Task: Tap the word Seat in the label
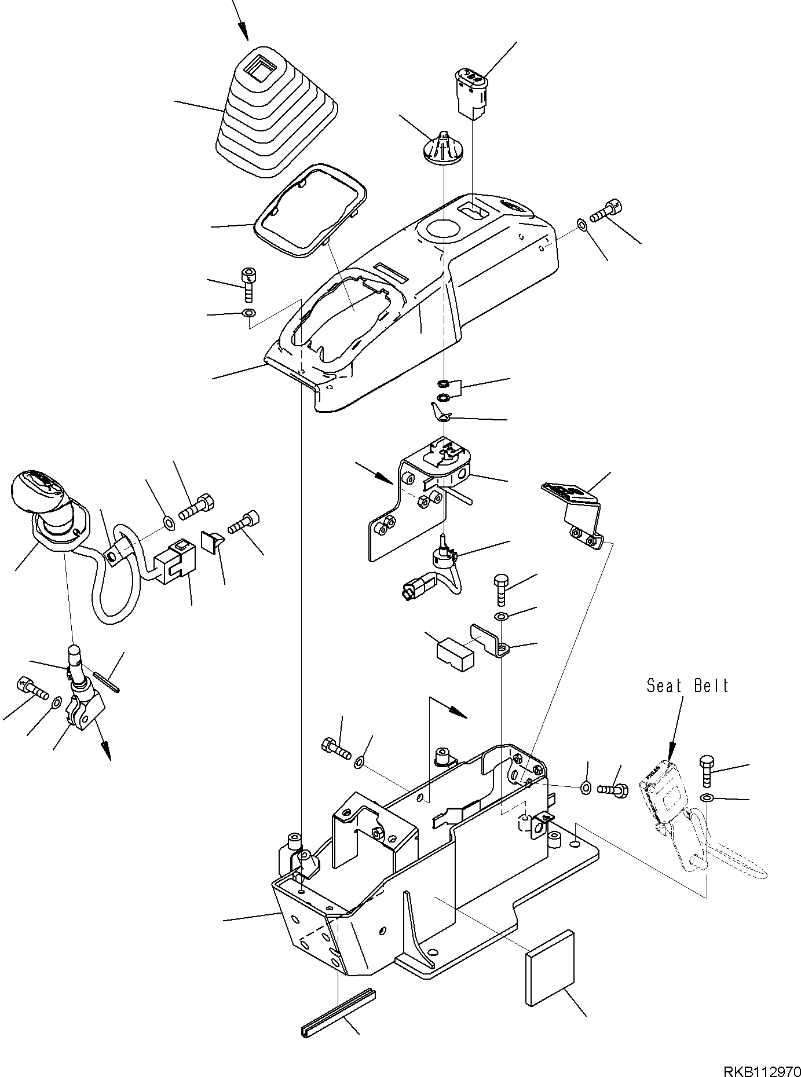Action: coord(664,686)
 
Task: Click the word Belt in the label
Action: coord(711,686)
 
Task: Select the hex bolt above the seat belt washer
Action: coord(707,770)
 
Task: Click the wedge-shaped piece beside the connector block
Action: coord(213,541)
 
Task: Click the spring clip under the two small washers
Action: coord(442,412)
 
